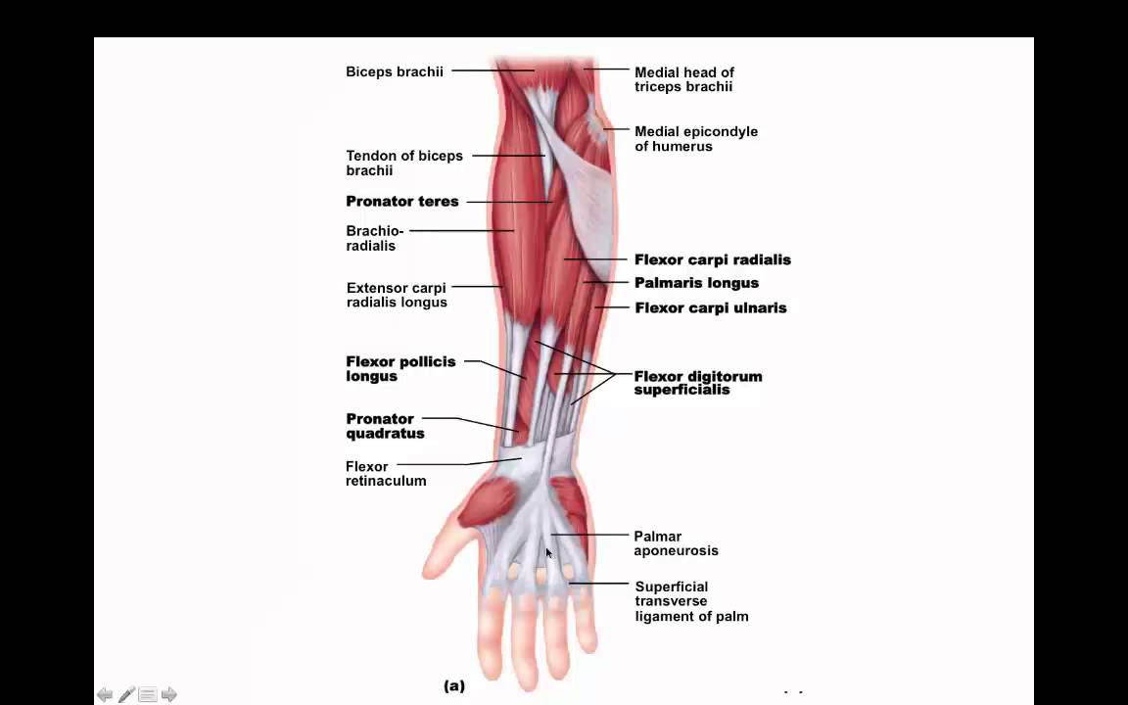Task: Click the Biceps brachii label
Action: [395, 71]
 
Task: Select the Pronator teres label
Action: [402, 202]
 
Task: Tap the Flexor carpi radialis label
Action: [712, 259]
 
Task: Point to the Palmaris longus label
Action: [696, 283]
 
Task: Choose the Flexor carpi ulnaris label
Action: [711, 307]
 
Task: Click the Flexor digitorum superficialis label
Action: [698, 383]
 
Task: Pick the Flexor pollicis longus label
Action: [400, 368]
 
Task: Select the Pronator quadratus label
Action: [385, 426]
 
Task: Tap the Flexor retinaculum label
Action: [386, 473]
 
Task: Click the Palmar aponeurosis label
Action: [676, 543]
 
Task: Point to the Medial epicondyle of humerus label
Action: [695, 139]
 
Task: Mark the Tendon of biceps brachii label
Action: [404, 163]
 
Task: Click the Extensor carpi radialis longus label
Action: [397, 295]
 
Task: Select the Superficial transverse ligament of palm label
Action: [691, 601]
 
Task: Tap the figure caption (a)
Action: [454, 685]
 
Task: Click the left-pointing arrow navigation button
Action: [105, 694]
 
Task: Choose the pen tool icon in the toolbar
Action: [126, 694]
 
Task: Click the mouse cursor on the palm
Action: [549, 553]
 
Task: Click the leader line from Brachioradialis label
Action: [461, 231]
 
